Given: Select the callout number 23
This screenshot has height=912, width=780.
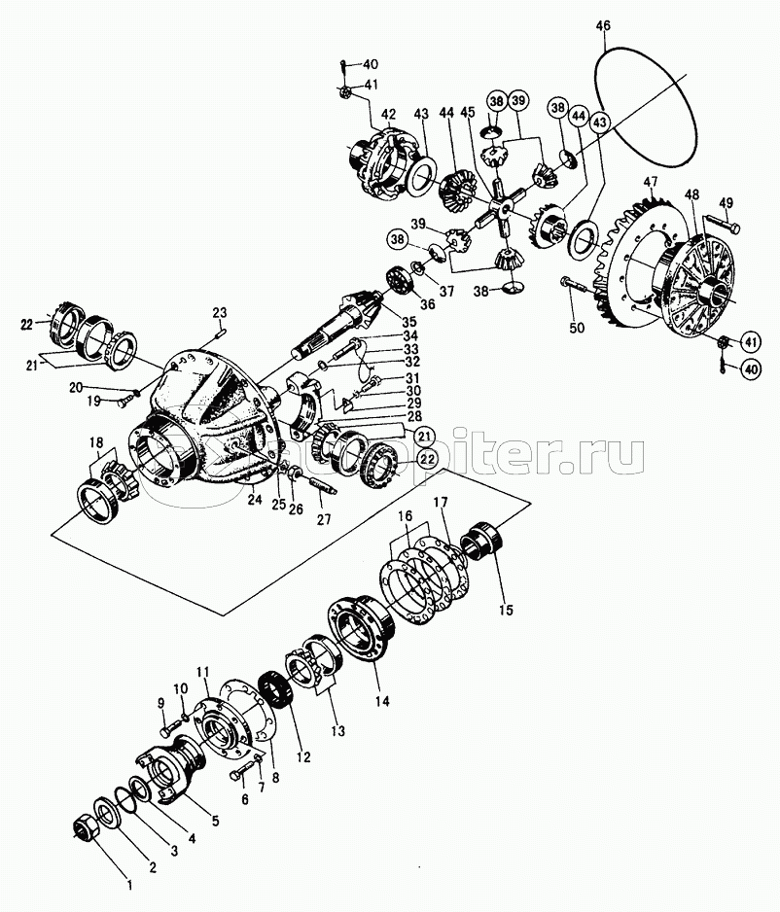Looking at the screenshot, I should tap(220, 313).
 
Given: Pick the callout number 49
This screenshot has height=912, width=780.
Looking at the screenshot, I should tap(727, 202).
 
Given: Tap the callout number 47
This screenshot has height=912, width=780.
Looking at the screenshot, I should tap(651, 181).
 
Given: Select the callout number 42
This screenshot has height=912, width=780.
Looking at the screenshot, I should tap(388, 115).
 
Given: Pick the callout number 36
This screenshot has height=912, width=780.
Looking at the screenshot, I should tap(401, 302).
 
